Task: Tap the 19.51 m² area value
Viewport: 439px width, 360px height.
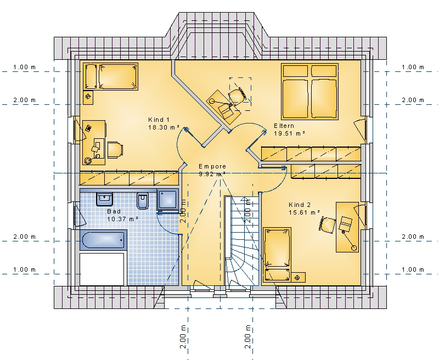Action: pos(289,133)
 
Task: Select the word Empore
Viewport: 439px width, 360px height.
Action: pos(212,166)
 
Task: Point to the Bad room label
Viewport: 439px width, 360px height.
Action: pos(114,211)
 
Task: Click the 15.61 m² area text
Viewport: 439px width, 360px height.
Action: pos(304,212)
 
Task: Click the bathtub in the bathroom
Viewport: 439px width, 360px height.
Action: pos(103,240)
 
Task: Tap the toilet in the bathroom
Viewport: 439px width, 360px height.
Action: pos(143,201)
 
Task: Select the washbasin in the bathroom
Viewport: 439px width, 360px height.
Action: pos(105,199)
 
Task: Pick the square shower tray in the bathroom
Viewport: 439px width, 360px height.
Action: pos(167,200)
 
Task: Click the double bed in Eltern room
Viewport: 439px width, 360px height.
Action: pos(309,92)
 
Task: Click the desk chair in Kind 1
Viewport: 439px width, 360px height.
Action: pos(115,150)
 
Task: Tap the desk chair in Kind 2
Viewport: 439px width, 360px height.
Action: pos(327,224)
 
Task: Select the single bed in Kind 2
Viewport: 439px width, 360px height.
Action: pos(277,255)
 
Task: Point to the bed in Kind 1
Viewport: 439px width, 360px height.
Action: pos(111,76)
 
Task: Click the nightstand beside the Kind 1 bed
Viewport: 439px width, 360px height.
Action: pos(88,97)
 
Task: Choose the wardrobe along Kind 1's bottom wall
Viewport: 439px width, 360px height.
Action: pos(129,178)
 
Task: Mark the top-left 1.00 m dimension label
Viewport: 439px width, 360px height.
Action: pos(24,67)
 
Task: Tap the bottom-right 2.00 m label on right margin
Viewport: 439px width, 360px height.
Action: pos(413,237)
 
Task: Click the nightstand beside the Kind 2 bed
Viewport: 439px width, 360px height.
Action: pos(297,278)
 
